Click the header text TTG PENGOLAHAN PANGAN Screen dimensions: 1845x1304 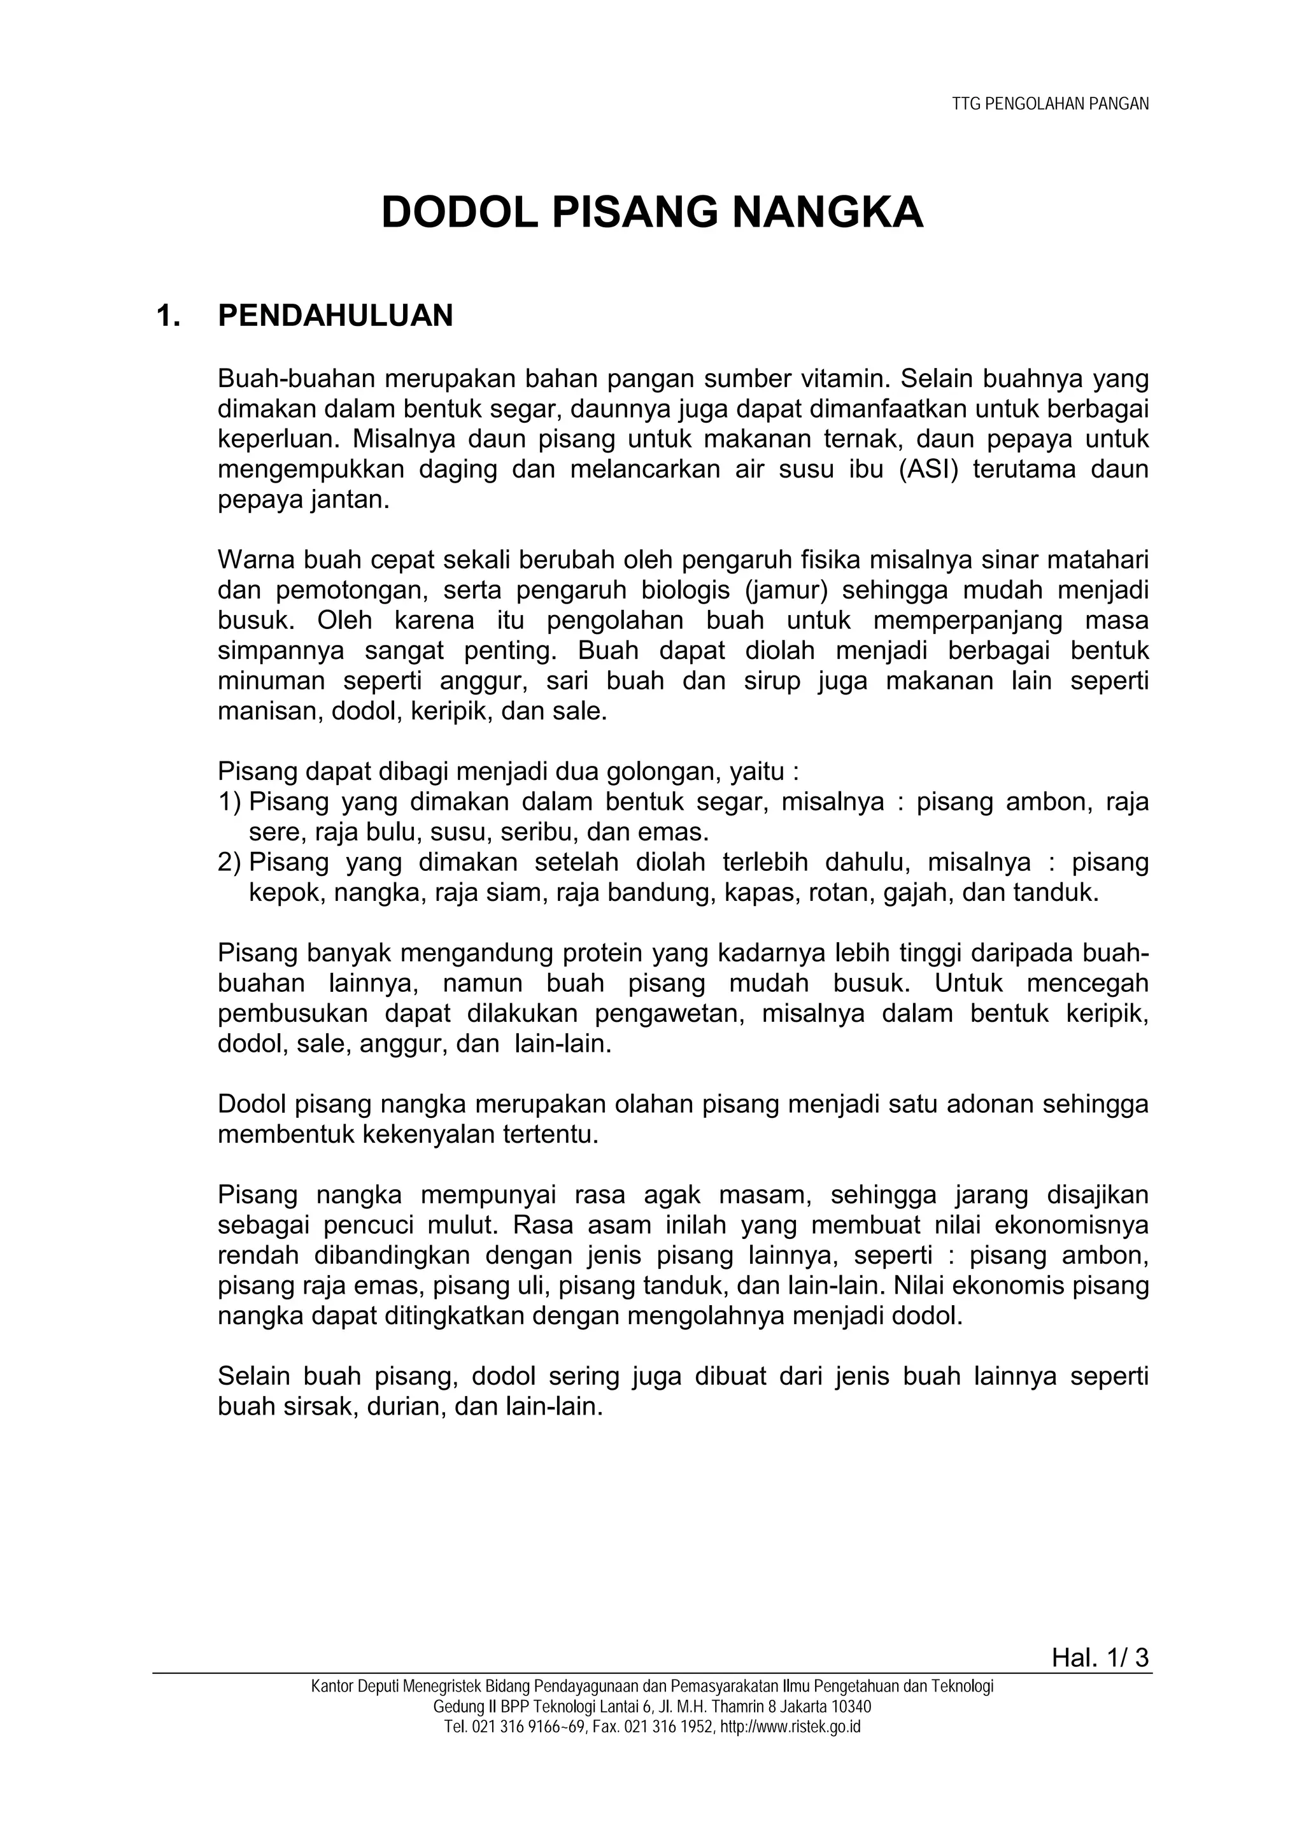tap(1050, 104)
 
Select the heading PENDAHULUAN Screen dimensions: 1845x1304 tap(335, 316)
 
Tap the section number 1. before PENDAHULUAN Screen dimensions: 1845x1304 tap(168, 316)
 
